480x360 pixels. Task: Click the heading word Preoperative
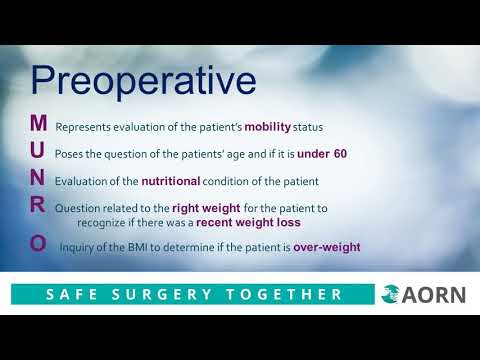pos(142,80)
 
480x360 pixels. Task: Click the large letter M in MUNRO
pos(38,124)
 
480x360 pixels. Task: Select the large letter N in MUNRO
pos(38,179)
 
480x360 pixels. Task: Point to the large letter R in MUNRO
pos(38,206)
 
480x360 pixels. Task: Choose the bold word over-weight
pos(326,247)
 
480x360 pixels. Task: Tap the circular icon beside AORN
pos(392,294)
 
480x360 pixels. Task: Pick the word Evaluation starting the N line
pos(80,181)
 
